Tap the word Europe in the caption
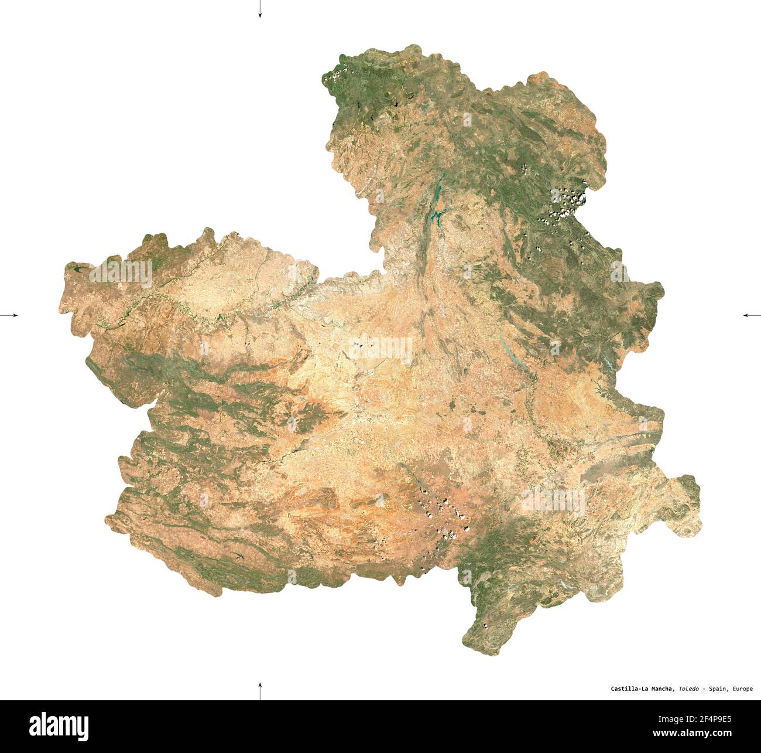(x=742, y=689)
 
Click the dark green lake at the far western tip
(x=78, y=270)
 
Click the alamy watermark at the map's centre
(x=380, y=349)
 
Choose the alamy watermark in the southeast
(x=553, y=500)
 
